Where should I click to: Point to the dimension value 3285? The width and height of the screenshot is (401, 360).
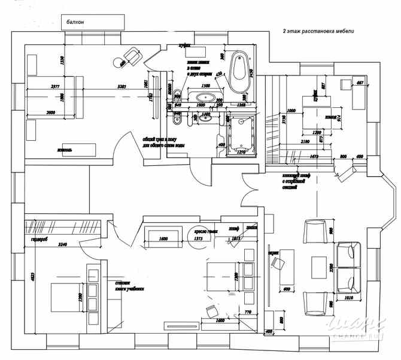click(122, 87)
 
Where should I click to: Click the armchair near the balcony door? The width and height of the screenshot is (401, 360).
click(129, 58)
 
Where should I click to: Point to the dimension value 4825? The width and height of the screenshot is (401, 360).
click(33, 279)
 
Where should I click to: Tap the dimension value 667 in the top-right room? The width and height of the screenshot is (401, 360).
click(360, 82)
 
